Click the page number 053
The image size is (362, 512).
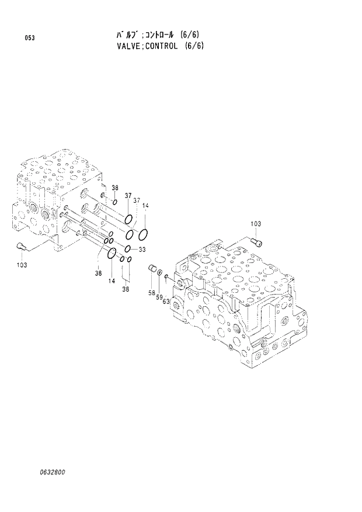click(x=29, y=38)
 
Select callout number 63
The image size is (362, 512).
click(x=166, y=302)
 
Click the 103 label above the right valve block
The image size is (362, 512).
click(x=256, y=224)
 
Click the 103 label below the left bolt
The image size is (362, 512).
click(x=22, y=265)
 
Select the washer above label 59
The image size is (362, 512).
click(x=160, y=272)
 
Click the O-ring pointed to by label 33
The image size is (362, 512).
click(x=127, y=250)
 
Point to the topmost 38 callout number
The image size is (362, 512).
click(x=115, y=188)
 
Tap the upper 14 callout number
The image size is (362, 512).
click(x=145, y=205)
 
